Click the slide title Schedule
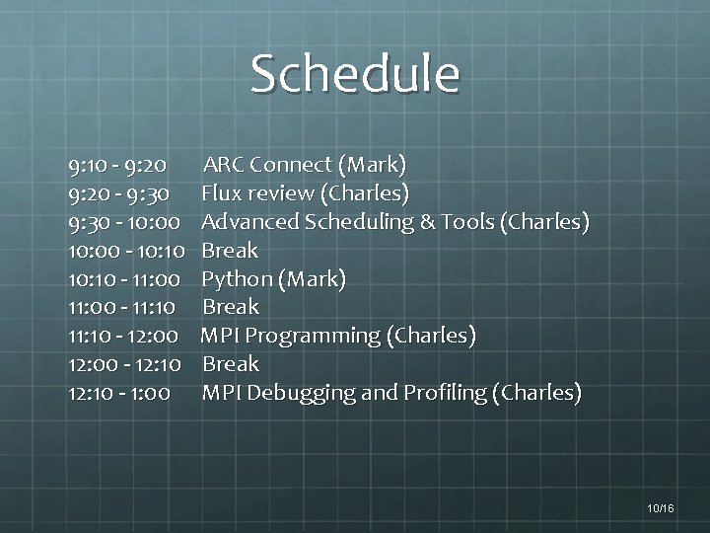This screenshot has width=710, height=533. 355,74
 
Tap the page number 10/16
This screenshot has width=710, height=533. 661,507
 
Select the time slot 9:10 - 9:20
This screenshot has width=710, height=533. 117,164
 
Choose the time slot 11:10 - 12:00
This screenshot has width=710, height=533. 123,336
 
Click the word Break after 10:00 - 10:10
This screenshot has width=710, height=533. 230,250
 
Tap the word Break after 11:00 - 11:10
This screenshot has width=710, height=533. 230,307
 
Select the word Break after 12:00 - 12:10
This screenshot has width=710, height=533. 230,364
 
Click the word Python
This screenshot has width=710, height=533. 237,279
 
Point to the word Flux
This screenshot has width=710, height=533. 223,192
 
